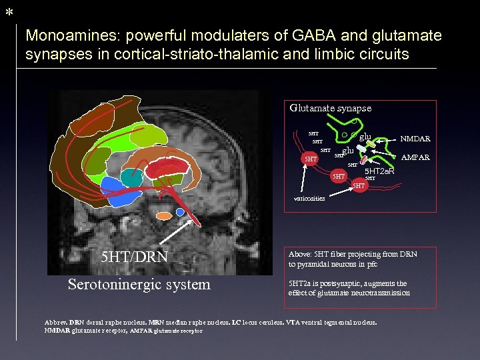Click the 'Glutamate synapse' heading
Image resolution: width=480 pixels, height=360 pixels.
coord(330,108)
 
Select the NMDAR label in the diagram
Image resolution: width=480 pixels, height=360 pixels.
coord(415,139)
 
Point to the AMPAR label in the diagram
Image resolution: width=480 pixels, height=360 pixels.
coord(415,158)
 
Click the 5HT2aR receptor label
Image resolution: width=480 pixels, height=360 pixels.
coord(379,171)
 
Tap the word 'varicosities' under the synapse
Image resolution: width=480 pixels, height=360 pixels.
coord(309,199)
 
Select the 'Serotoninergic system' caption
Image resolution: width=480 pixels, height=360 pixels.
coord(139,285)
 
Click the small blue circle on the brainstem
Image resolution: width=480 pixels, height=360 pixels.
coord(181,212)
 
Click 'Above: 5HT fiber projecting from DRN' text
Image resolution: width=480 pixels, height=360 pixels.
coord(352,254)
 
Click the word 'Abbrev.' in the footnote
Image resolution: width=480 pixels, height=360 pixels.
coord(55,323)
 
